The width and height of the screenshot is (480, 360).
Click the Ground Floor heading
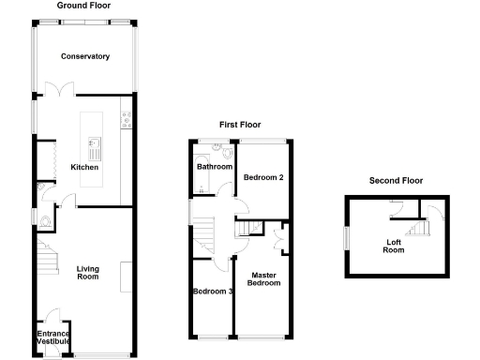(x=84, y=6)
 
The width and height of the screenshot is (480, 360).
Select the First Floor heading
(x=240, y=124)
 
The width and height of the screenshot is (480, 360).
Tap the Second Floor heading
(x=396, y=181)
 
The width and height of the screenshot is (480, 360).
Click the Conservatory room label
(x=85, y=57)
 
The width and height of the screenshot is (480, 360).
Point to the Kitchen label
(x=84, y=168)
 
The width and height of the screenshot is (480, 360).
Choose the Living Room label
(x=87, y=273)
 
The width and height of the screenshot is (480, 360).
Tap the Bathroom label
(x=215, y=167)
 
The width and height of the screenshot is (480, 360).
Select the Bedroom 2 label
(x=263, y=177)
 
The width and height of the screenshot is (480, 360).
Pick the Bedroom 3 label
(x=213, y=292)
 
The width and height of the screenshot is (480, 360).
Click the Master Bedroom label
(x=264, y=277)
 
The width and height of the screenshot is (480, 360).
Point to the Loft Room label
(x=395, y=246)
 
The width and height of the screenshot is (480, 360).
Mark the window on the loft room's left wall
(x=346, y=239)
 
